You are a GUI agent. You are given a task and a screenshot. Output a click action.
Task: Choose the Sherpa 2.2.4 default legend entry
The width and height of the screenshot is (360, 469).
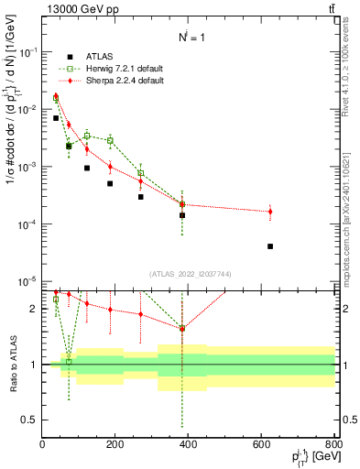pyautogui.click(x=112, y=82)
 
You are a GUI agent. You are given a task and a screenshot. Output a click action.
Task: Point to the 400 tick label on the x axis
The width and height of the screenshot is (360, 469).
pyautogui.click(x=189, y=443)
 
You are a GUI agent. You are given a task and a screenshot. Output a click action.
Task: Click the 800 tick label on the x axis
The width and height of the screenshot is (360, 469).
pyautogui.click(x=333, y=443)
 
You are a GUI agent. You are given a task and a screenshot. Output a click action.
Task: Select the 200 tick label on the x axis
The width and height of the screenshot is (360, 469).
pyautogui.click(x=115, y=443)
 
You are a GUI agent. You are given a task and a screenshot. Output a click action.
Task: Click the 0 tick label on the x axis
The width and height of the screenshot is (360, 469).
pyautogui.click(x=43, y=443)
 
